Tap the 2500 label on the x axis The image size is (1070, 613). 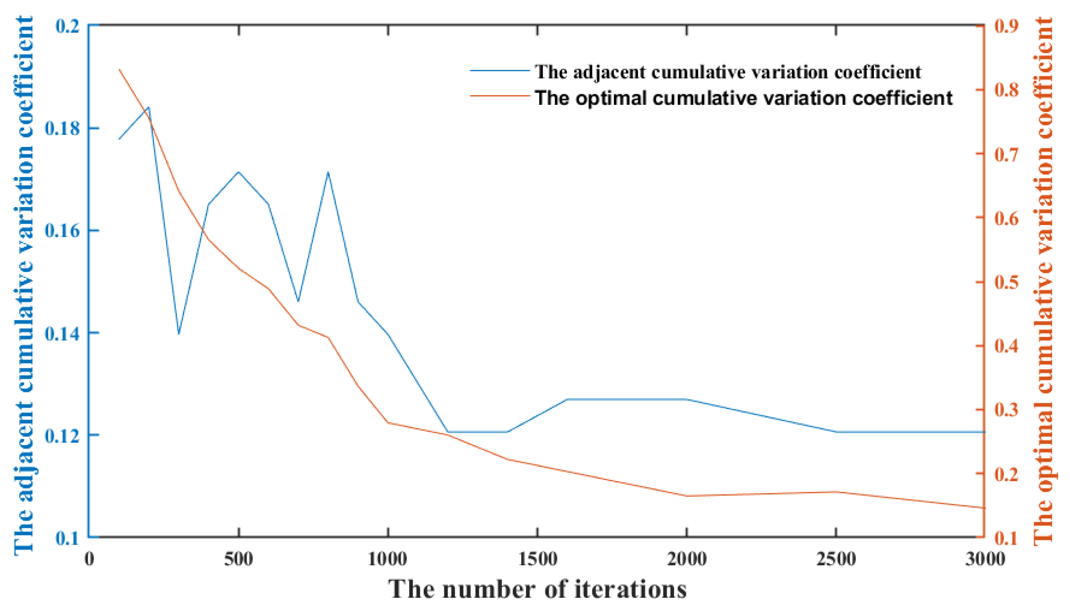point(836,560)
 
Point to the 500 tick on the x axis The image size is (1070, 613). point(239,560)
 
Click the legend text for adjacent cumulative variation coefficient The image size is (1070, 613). point(728,72)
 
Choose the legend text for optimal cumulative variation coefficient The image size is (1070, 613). point(744,98)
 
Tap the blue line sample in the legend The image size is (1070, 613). point(500,71)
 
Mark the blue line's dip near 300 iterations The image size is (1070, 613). point(179,334)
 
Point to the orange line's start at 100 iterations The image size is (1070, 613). point(119,69)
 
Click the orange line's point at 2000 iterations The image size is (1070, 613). point(687,496)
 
